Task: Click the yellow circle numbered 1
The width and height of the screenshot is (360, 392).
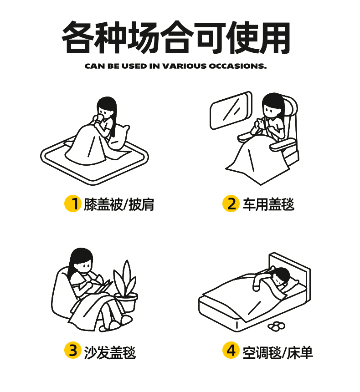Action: click(x=73, y=204)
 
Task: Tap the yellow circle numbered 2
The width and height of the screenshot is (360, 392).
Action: click(x=231, y=204)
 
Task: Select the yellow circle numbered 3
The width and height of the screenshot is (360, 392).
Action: click(x=73, y=350)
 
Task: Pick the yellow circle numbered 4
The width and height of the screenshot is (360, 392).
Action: click(x=231, y=350)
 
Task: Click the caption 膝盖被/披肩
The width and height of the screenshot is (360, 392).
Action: click(x=119, y=204)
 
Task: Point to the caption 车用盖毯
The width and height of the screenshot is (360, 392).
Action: click(x=268, y=204)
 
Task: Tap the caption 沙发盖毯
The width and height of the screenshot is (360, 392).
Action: click(x=110, y=352)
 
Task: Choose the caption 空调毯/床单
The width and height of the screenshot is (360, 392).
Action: click(x=278, y=352)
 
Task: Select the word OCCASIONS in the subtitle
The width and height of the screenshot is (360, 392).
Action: click(x=237, y=66)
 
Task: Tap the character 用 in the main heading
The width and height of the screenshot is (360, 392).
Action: click(x=274, y=37)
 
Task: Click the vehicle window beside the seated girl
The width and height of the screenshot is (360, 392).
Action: click(x=231, y=110)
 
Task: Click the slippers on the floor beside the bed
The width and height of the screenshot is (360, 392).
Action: click(x=276, y=326)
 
